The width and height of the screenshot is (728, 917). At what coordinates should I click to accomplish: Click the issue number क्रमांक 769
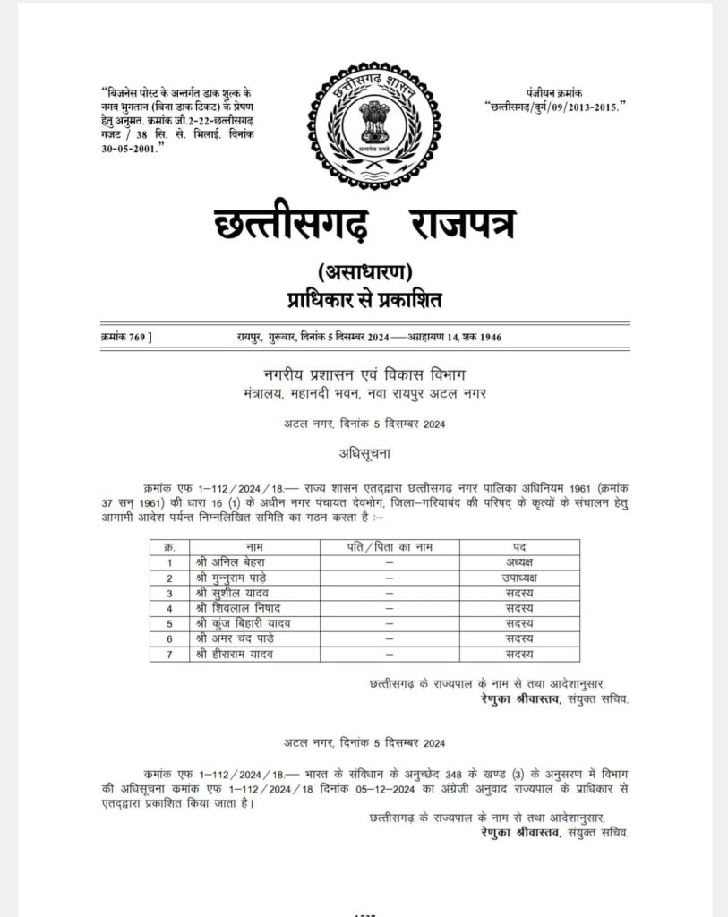[126, 337]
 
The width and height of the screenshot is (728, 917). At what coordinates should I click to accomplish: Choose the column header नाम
[255, 546]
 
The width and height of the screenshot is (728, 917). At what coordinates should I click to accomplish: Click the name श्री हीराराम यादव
[231, 655]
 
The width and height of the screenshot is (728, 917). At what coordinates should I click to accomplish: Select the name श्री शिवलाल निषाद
[233, 609]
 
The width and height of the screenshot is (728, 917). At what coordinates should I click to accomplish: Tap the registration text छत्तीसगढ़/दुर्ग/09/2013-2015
[557, 107]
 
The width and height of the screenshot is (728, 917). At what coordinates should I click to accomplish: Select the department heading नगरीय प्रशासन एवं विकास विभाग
[364, 373]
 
